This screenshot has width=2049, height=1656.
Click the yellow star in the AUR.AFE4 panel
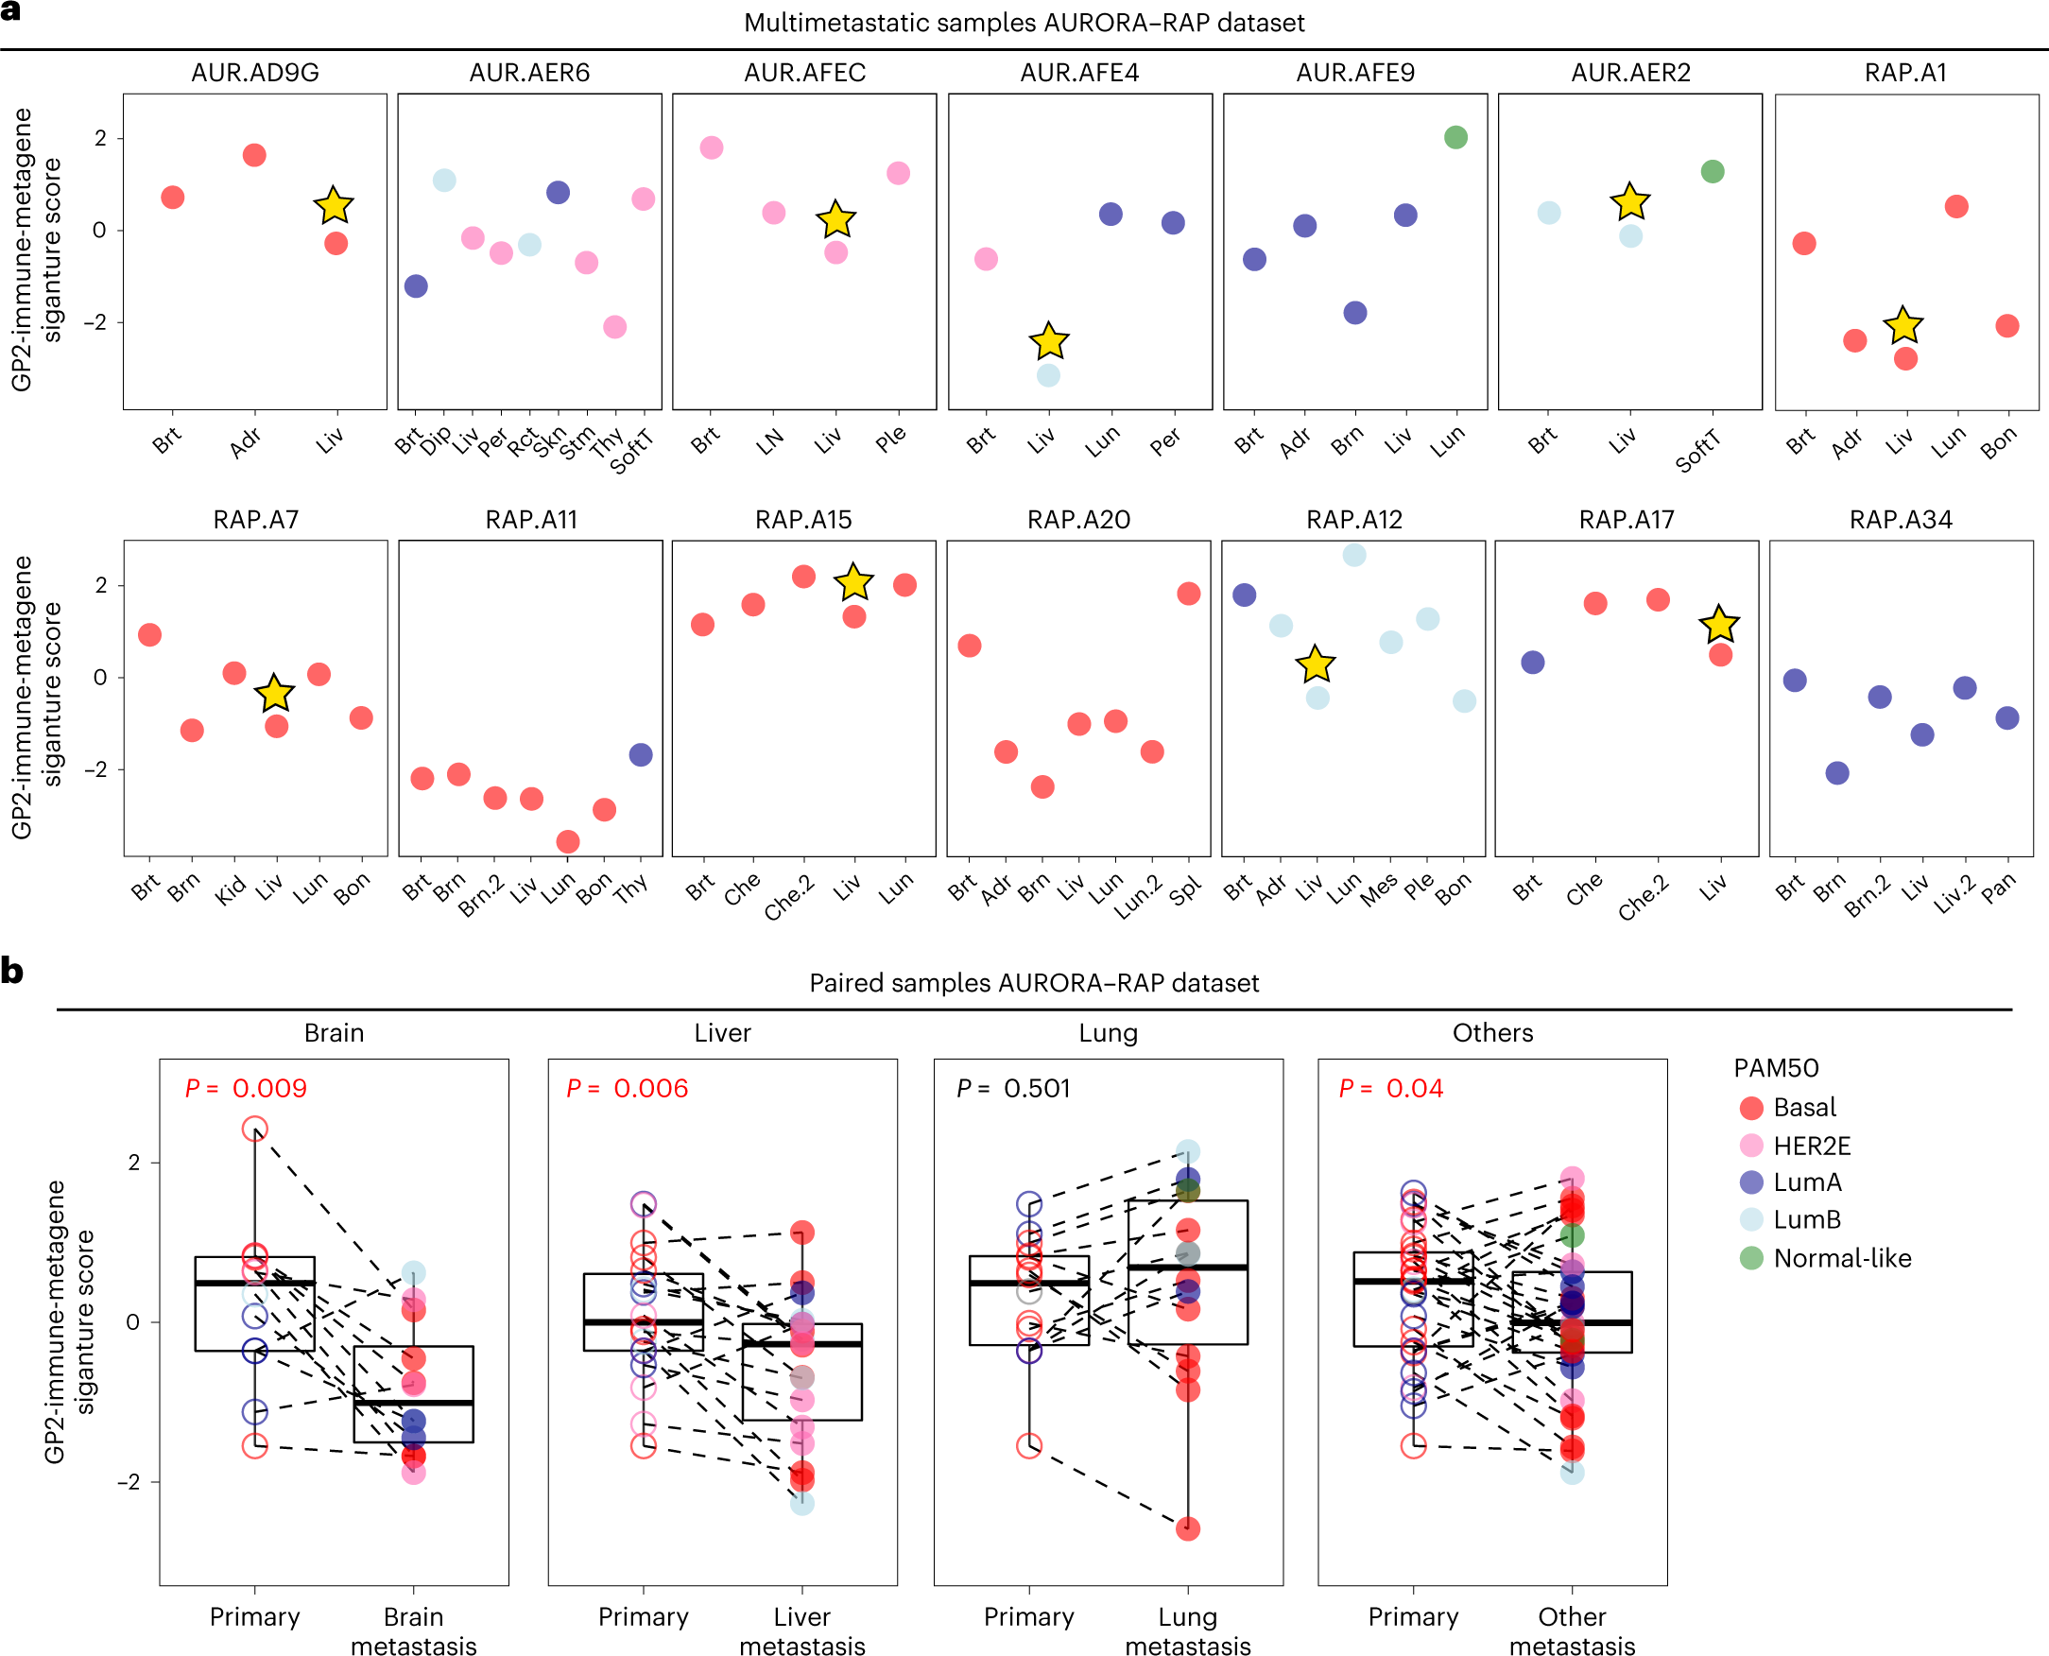tap(1049, 340)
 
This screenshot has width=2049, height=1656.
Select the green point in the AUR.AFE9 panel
tap(1455, 137)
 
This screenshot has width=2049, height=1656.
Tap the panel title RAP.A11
tap(531, 520)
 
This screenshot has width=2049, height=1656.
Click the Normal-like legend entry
tap(1841, 1258)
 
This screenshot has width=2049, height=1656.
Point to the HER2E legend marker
tap(1751, 1146)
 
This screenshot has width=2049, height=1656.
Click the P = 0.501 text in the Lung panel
tap(1013, 1089)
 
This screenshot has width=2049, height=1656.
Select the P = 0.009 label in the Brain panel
tap(246, 1089)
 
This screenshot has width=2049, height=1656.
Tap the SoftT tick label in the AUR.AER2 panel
tap(1698, 451)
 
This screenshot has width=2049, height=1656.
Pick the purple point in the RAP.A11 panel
tap(641, 755)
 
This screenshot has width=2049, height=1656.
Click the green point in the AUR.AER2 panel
tap(1713, 172)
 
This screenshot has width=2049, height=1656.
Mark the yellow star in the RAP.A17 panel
tap(1719, 625)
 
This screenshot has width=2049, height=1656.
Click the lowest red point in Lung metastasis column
tap(1188, 1529)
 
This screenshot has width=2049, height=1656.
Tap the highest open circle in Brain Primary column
tap(254, 1130)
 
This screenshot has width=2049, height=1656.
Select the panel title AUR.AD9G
tap(255, 73)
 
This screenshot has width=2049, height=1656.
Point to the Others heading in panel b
tap(1493, 1033)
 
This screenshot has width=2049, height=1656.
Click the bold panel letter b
tap(12, 971)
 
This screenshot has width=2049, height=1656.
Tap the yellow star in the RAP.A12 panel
tap(1316, 664)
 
